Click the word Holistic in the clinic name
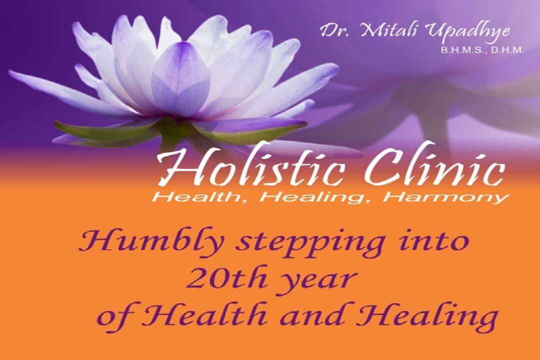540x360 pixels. tap(250, 168)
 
